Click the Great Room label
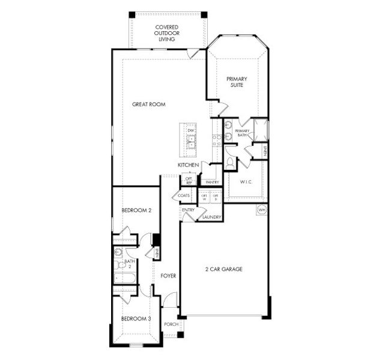pos(148,104)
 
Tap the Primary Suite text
pos(237,82)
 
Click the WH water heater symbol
pos(261,210)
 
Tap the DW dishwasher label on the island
pos(190,130)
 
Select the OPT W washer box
pos(204,196)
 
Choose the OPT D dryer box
pos(215,196)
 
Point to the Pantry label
pos(211,182)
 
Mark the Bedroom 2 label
pos(135,210)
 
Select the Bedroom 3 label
pos(135,319)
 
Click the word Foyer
pos(168,276)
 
